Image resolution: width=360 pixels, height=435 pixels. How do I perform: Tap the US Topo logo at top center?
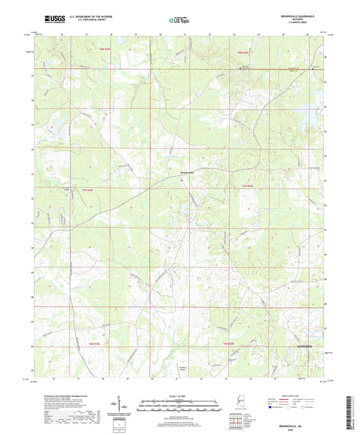[179, 21]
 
